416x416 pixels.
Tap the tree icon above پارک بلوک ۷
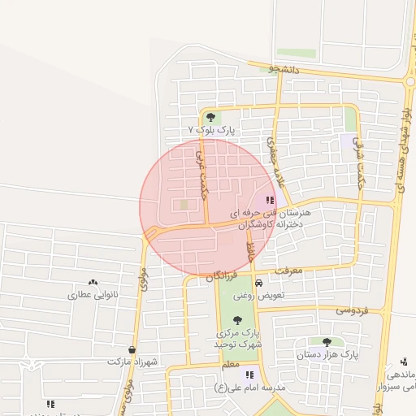[x=211, y=117]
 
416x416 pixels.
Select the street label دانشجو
[x=285, y=70]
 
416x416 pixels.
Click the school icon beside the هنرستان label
[x=270, y=200]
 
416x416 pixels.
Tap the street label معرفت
[x=288, y=268]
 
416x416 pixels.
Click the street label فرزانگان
[x=221, y=276]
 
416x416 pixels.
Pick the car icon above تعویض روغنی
[x=258, y=284]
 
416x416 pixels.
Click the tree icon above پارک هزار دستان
[x=327, y=342]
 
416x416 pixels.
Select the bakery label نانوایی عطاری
[x=92, y=294]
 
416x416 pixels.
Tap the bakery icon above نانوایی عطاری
[x=93, y=282]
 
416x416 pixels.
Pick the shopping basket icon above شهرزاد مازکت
[x=132, y=349]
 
